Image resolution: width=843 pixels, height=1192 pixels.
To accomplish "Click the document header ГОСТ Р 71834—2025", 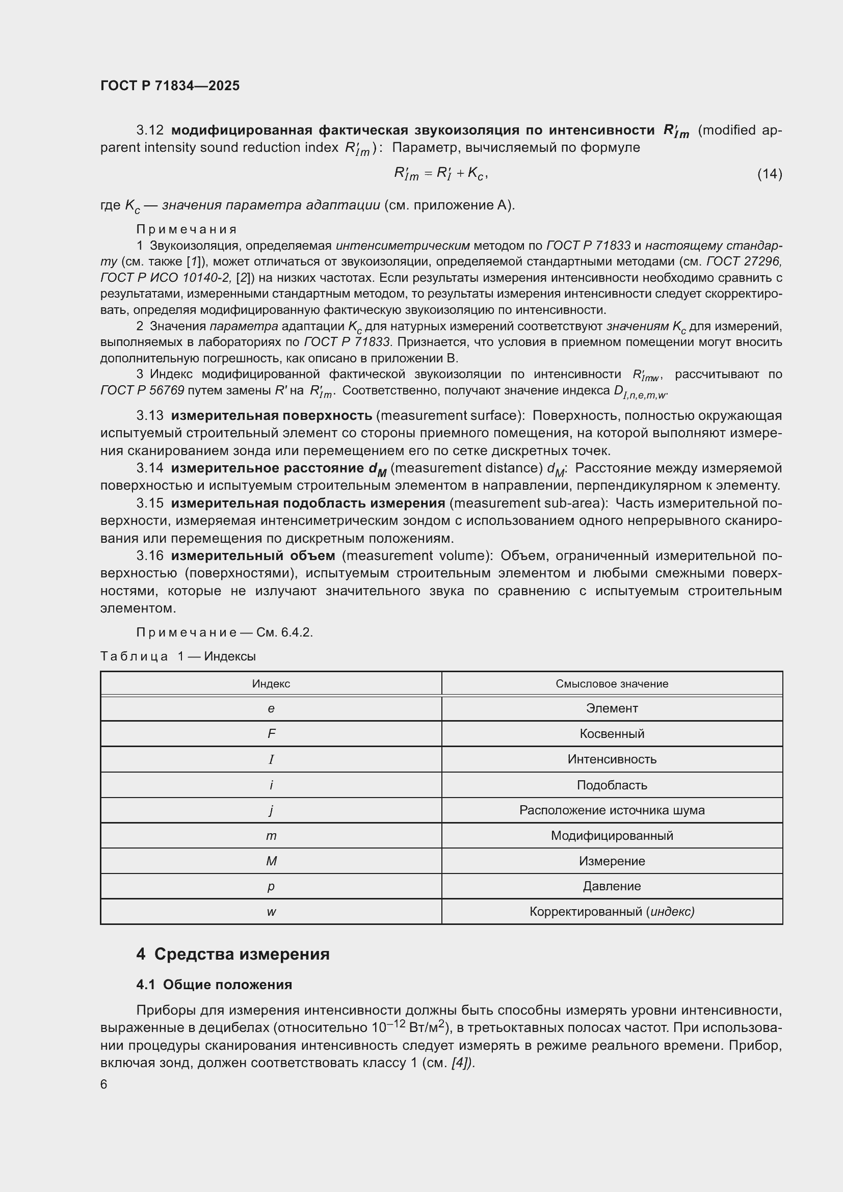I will tap(170, 86).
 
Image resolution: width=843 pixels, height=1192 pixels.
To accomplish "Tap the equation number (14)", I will tap(769, 173).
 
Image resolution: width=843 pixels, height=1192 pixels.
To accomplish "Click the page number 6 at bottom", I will tap(104, 1084).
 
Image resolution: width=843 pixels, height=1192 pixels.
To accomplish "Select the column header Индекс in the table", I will tap(271, 684).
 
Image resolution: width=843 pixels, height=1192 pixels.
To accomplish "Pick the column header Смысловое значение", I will tap(612, 684).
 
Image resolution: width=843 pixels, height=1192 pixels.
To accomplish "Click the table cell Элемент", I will tap(612, 708).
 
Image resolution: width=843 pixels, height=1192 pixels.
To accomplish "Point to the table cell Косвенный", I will tap(612, 733).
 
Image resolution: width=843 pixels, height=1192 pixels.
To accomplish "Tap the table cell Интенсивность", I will tap(612, 759).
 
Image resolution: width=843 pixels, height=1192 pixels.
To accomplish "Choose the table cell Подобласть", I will tap(612, 785).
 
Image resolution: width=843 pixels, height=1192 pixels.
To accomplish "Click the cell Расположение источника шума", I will tap(612, 810).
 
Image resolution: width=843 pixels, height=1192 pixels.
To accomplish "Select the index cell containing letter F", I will tap(271, 733).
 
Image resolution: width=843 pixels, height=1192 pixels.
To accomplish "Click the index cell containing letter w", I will tap(271, 912).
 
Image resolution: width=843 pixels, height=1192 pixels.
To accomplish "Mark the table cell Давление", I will tap(612, 886).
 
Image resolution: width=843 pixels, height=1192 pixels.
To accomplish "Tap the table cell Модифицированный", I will tap(612, 835).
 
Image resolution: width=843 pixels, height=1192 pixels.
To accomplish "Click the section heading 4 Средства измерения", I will tap(233, 954).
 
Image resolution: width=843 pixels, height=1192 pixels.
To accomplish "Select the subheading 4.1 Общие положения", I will tap(214, 985).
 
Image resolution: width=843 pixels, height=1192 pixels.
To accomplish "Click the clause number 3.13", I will tap(149, 415).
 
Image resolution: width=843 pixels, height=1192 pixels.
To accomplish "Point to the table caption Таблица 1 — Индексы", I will tap(178, 656).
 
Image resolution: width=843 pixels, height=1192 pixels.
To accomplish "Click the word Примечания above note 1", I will tap(187, 229).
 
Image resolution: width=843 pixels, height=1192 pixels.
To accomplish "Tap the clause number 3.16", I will tap(149, 555).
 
